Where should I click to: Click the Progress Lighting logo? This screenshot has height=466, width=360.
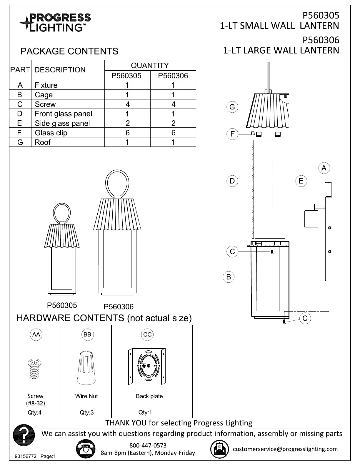pos(55,23)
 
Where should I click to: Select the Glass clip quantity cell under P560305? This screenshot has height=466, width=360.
pos(127,133)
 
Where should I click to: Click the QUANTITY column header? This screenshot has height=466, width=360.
pos(150,65)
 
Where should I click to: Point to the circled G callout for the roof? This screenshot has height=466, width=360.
pos(232,107)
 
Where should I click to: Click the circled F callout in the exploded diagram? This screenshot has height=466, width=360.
pos(232,134)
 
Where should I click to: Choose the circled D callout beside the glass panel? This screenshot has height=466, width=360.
pos(232,181)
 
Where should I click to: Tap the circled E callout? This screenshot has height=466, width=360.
pos(301,181)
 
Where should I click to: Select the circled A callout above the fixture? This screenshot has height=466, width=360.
pos(324,168)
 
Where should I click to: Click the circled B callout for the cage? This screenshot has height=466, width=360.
pos(229,277)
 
